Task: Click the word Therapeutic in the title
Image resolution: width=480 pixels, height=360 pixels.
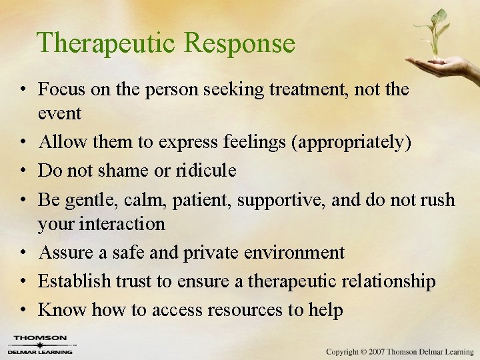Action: (x=106, y=43)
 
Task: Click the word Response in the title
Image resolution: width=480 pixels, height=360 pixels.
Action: (x=239, y=43)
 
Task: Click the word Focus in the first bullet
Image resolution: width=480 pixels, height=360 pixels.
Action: (x=63, y=89)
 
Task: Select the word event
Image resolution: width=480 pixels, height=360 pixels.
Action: (x=59, y=113)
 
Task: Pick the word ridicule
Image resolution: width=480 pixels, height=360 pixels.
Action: (x=206, y=171)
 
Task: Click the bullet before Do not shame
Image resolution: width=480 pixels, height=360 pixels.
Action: (x=23, y=171)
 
